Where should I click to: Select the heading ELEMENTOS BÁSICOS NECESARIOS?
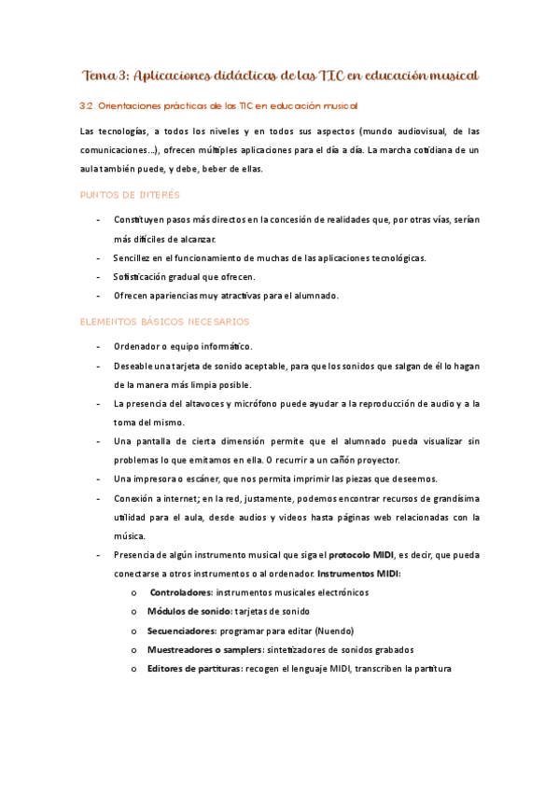(x=165, y=321)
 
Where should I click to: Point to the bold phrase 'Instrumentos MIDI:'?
(x=359, y=573)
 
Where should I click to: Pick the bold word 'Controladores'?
(x=181, y=591)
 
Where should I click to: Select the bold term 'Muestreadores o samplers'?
(x=204, y=649)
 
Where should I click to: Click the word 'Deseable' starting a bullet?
(x=134, y=366)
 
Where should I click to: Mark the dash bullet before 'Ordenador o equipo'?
(x=100, y=346)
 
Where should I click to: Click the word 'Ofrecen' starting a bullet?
(x=133, y=296)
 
